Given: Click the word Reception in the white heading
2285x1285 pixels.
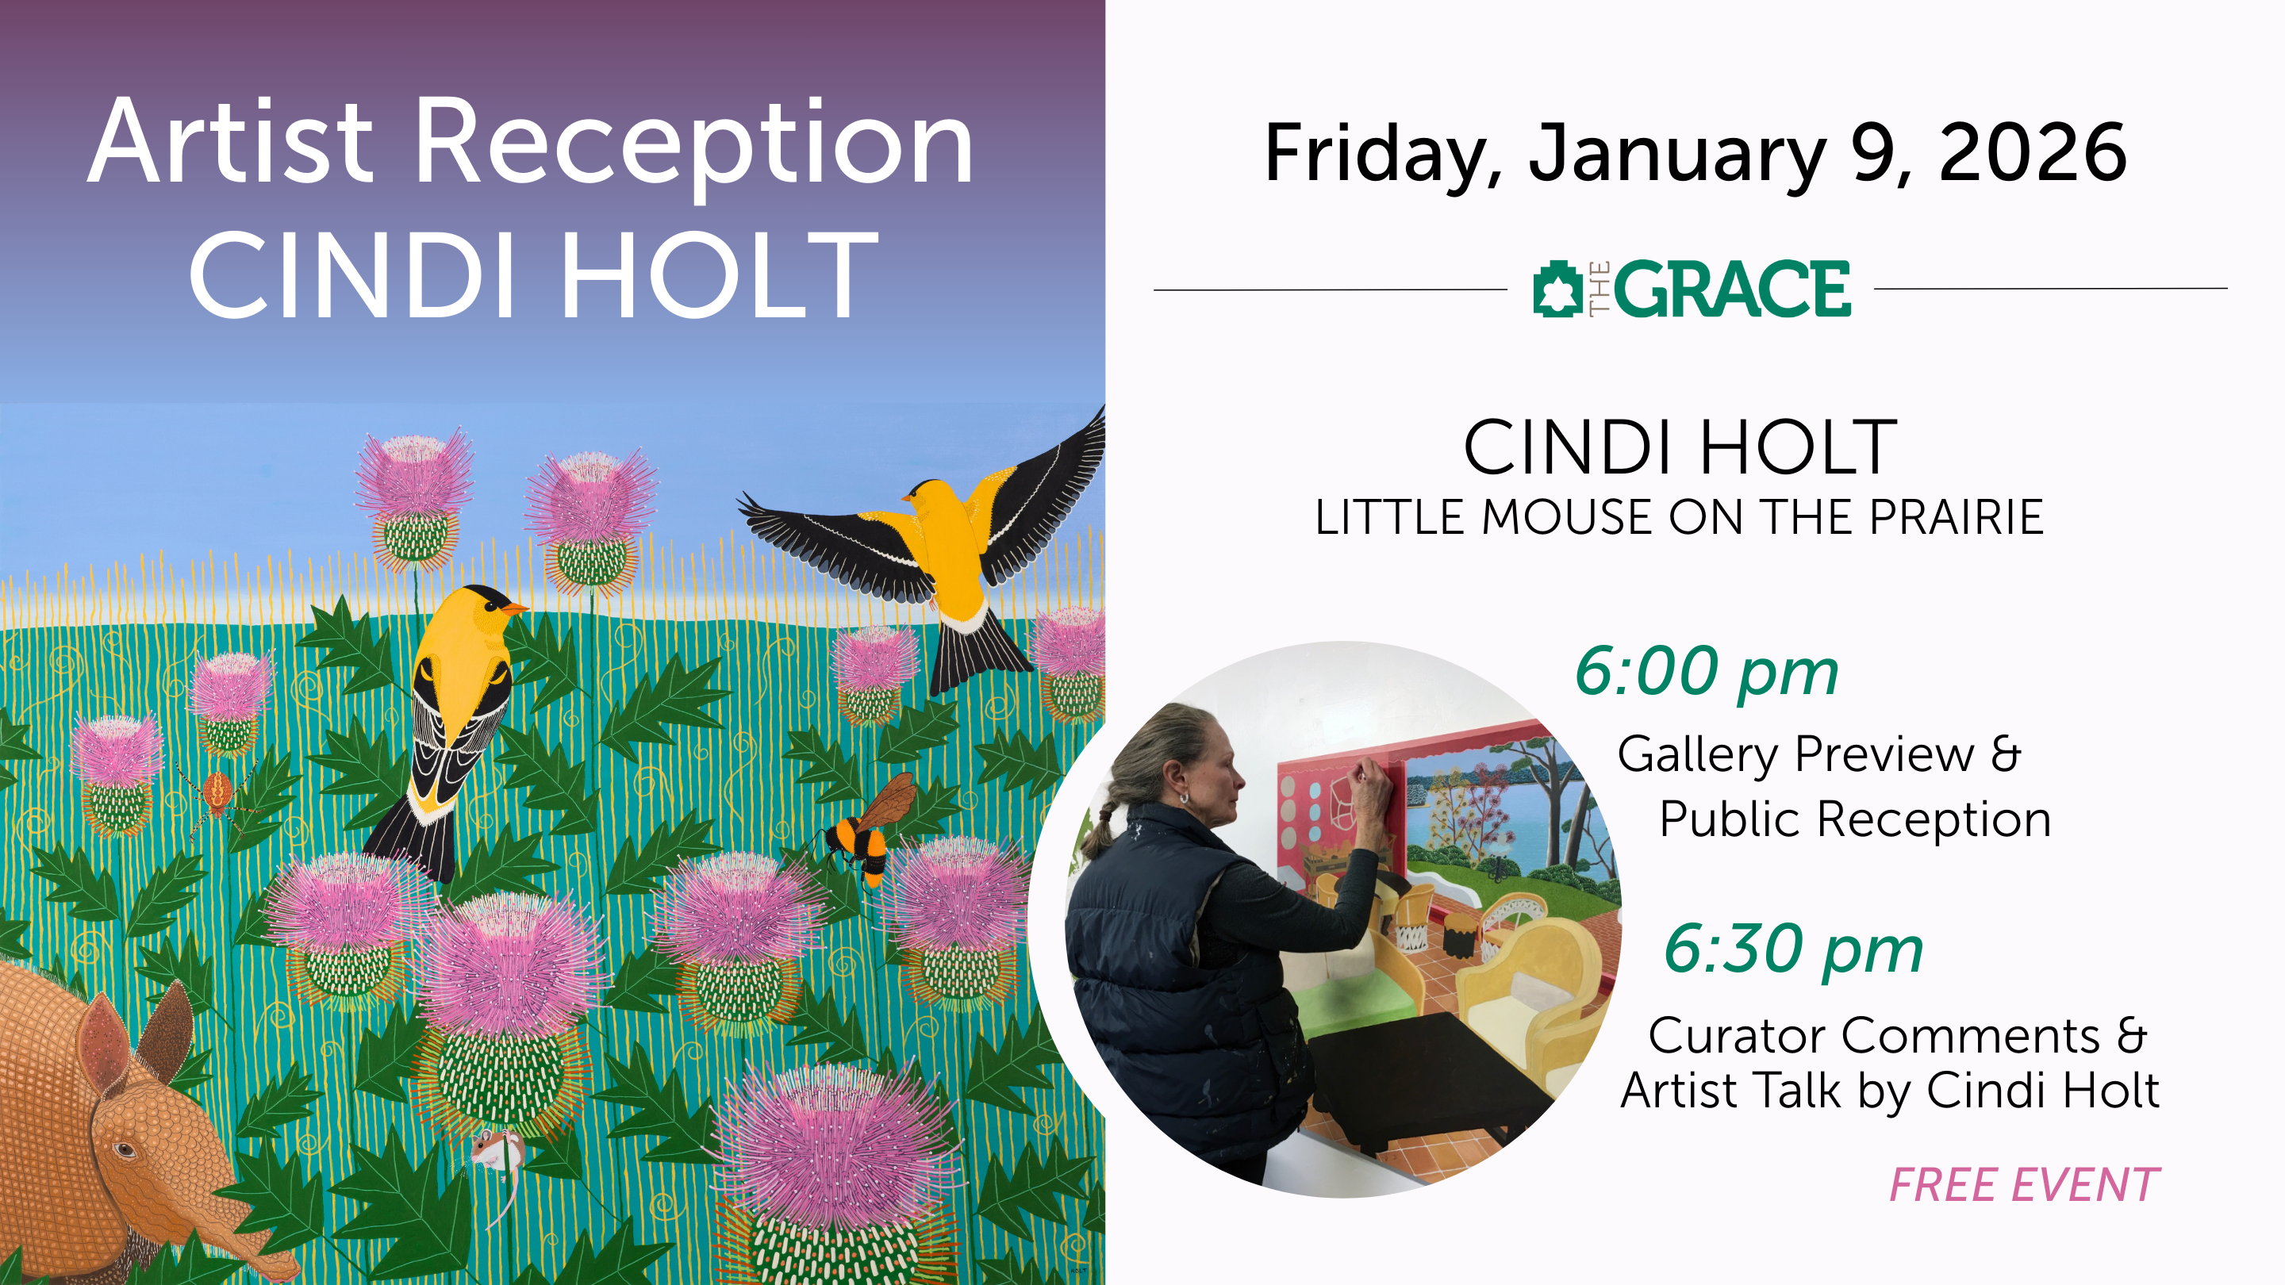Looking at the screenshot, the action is coord(693,144).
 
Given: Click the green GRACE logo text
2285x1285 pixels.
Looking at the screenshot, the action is coord(1732,288).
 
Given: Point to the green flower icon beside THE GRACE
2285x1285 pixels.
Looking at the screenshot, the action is coord(1557,288).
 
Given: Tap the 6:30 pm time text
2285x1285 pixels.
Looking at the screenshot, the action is coord(1794,949).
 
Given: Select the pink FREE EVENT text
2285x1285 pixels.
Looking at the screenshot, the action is coord(2024,1185).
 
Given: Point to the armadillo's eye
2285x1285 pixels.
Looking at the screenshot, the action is coord(125,1150).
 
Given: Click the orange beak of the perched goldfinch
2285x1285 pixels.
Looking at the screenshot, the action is coord(513,608).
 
